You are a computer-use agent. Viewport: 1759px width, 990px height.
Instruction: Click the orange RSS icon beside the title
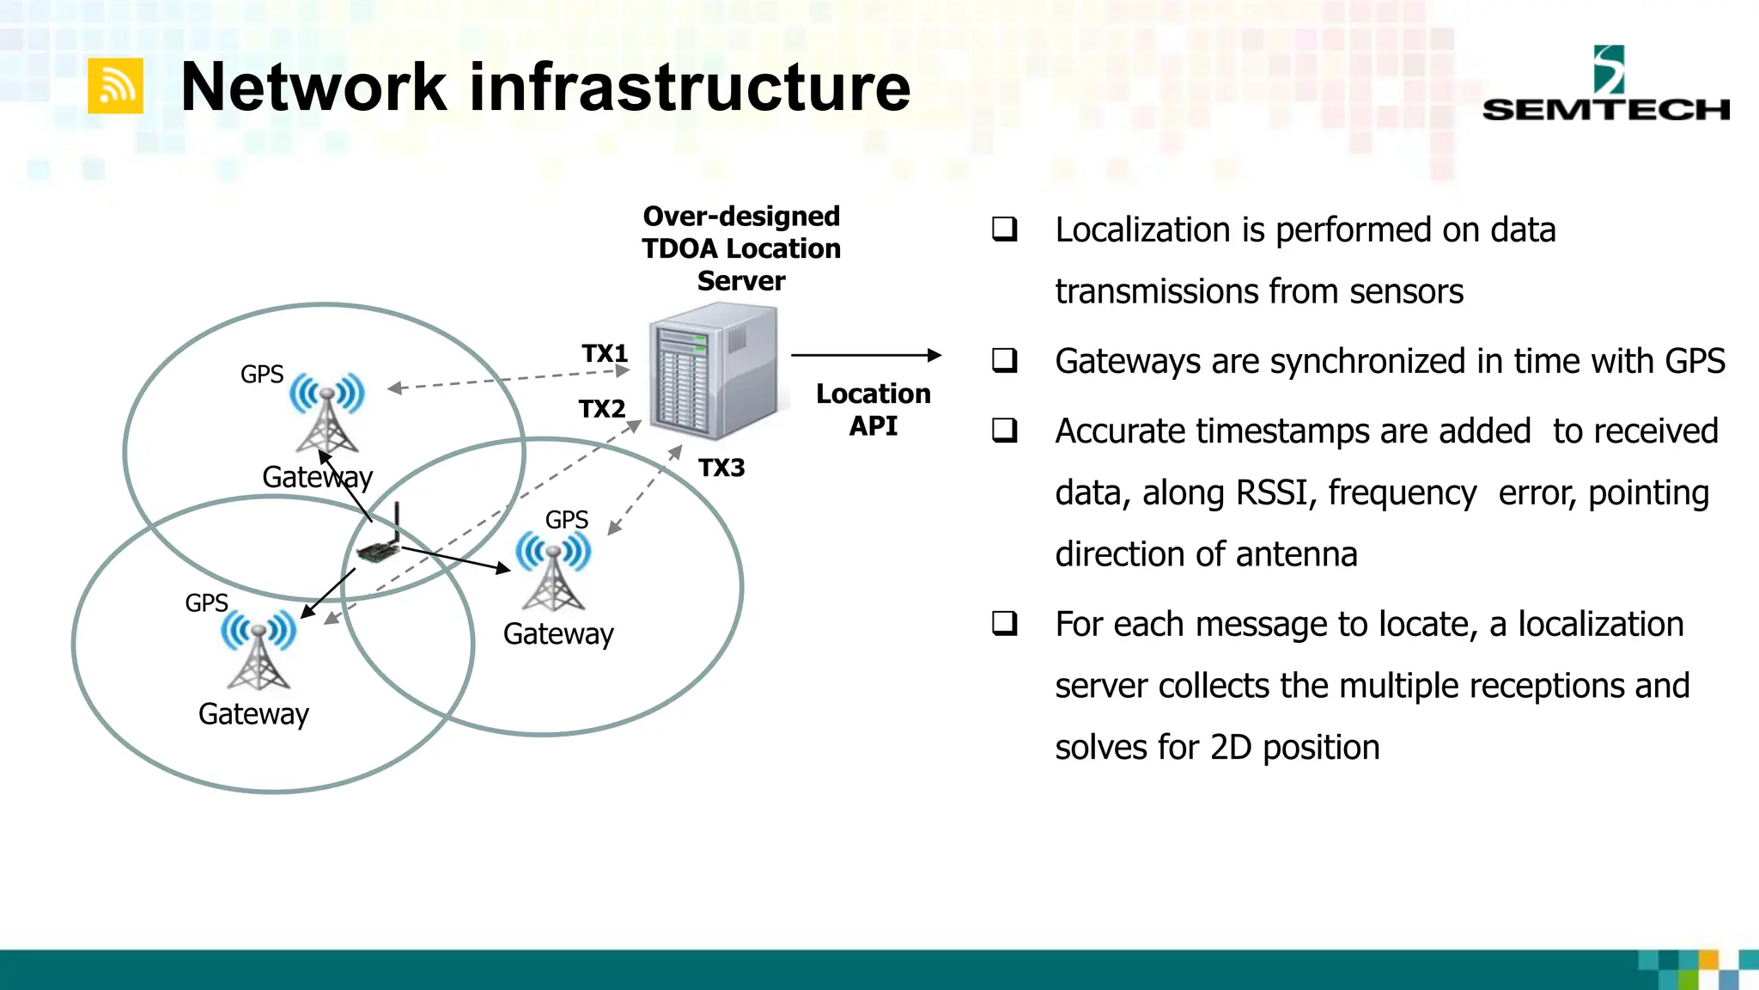tap(115, 86)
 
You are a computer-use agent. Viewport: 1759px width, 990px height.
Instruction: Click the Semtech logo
tap(1605, 85)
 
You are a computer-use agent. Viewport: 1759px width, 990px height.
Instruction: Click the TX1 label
tap(605, 353)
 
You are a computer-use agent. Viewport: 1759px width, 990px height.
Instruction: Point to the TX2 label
tap(601, 408)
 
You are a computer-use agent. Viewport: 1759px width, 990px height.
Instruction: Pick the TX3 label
tap(721, 467)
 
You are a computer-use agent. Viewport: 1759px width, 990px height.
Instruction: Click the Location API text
tap(873, 409)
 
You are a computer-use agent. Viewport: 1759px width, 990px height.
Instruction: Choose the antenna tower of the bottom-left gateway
tap(259, 651)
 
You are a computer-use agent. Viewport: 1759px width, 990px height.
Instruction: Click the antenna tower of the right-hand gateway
tap(553, 572)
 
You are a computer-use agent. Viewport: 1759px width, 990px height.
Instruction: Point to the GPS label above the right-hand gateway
tap(566, 520)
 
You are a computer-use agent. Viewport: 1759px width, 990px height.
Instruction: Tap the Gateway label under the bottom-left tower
tap(253, 713)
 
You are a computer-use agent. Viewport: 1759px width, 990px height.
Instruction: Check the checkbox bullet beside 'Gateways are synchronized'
tap(1004, 360)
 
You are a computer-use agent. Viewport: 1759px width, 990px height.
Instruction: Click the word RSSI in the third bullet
tap(1270, 493)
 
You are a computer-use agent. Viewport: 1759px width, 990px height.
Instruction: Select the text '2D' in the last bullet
tap(1230, 748)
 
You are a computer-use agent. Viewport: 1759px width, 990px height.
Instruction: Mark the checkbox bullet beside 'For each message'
tap(1004, 623)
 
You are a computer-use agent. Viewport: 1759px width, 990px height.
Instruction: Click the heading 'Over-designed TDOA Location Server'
tap(741, 248)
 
